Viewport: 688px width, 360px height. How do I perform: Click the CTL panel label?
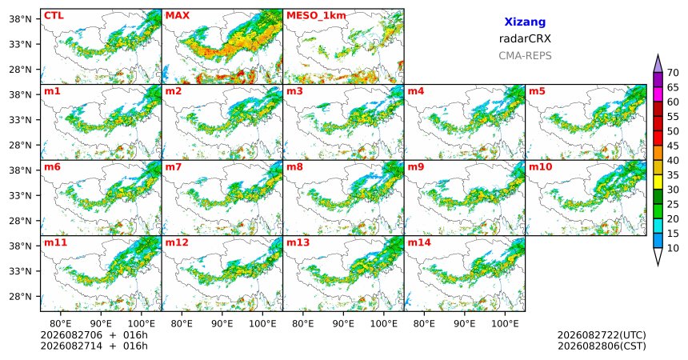click(x=54, y=16)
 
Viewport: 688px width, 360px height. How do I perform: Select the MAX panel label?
click(x=178, y=16)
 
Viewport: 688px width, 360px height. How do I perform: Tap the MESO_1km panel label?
click(x=316, y=16)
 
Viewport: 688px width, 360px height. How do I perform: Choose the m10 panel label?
click(x=540, y=167)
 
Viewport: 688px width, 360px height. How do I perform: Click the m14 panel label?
click(x=419, y=242)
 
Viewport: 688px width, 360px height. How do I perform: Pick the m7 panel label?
click(x=174, y=167)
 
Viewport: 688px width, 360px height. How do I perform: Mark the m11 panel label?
click(x=55, y=242)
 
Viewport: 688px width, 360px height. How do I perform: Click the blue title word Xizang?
click(x=525, y=22)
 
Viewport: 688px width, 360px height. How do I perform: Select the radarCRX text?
click(x=525, y=38)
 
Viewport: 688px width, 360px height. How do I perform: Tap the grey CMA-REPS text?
click(x=525, y=56)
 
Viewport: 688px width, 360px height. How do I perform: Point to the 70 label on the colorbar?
click(x=673, y=73)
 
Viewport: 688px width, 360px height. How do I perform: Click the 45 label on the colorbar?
click(x=673, y=146)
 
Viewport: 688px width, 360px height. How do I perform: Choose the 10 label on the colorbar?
click(x=673, y=248)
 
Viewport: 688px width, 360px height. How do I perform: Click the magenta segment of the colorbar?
click(x=658, y=94)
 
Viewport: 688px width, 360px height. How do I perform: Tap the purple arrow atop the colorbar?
click(x=658, y=64)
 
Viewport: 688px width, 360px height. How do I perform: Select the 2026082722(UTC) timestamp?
click(x=602, y=335)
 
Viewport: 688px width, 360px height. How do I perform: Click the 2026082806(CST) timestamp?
click(x=602, y=346)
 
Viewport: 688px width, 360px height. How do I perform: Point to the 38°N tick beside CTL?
click(x=20, y=19)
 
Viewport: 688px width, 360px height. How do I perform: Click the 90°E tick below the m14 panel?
click(x=465, y=324)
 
